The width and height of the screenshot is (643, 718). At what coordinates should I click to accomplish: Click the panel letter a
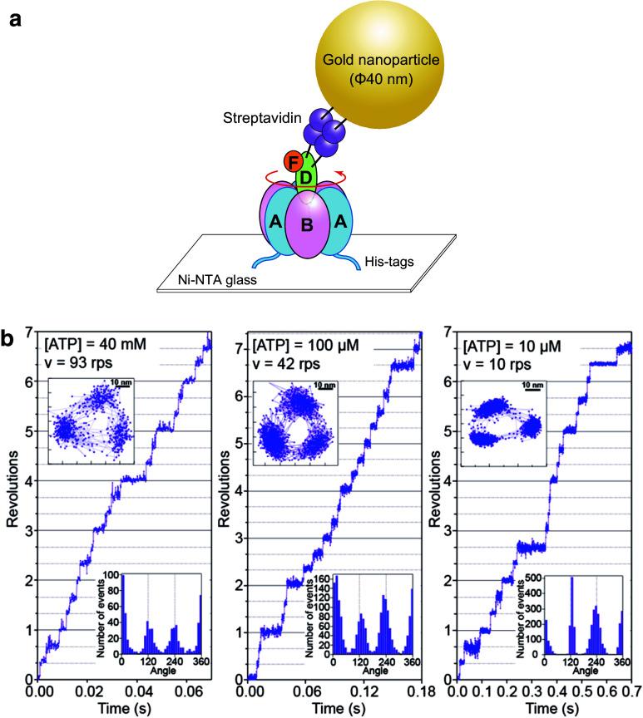14,19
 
